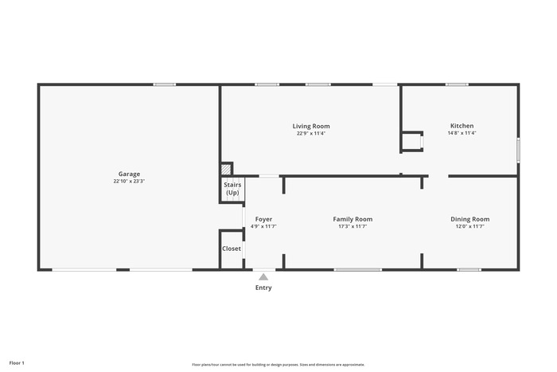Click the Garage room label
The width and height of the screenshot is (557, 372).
click(x=129, y=174)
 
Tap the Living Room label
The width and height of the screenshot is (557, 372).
click(x=311, y=126)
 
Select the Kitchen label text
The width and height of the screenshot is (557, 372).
click(x=462, y=126)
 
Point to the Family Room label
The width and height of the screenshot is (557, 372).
click(x=353, y=219)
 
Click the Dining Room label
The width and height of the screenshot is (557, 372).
click(x=470, y=219)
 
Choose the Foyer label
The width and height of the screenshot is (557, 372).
click(x=263, y=219)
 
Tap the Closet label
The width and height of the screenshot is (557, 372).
click(x=232, y=249)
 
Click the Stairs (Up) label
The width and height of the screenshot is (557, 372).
click(x=232, y=189)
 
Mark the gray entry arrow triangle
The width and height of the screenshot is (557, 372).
click(x=263, y=276)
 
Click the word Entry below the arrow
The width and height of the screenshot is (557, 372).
click(x=263, y=288)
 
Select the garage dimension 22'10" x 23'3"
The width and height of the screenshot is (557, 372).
click(x=129, y=181)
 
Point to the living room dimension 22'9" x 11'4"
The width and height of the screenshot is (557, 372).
click(x=311, y=133)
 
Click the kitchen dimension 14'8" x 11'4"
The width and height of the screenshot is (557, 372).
click(x=462, y=133)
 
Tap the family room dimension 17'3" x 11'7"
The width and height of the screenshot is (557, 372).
click(x=353, y=226)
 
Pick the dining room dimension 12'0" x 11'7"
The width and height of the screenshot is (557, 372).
click(x=470, y=226)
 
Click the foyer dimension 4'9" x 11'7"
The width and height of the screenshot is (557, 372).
click(x=263, y=226)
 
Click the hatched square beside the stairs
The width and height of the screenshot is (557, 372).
click(x=226, y=169)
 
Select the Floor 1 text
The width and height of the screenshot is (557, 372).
click(x=17, y=363)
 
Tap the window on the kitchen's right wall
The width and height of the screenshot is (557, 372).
click(x=518, y=150)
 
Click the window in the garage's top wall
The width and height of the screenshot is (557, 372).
click(x=165, y=84)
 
